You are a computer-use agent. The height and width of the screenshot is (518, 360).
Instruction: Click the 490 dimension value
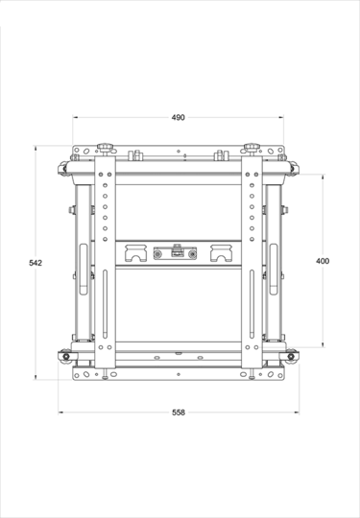(179, 117)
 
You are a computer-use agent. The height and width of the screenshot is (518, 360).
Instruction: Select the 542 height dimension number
(35, 262)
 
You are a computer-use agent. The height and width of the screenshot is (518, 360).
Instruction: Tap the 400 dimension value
(323, 261)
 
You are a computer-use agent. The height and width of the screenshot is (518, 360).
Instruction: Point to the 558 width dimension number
(179, 412)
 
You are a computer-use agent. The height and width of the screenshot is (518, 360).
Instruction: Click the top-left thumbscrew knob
(105, 147)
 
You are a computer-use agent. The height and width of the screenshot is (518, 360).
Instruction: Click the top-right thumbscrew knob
(252, 147)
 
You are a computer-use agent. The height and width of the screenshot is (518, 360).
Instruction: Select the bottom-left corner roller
(65, 358)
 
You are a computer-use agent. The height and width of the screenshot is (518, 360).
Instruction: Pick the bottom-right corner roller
(292, 358)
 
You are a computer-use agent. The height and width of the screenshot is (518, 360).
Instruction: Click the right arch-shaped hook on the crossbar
(218, 253)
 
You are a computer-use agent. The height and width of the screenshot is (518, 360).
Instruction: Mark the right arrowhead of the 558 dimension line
(296, 412)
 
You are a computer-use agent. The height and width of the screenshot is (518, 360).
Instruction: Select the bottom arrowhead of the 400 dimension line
(323, 345)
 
